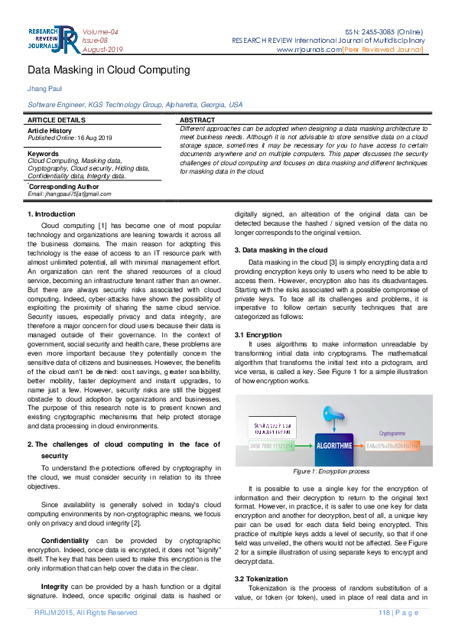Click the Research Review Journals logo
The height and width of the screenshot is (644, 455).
(52, 41)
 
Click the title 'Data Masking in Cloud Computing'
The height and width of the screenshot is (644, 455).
(109, 70)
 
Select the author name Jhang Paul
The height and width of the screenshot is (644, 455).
(43, 89)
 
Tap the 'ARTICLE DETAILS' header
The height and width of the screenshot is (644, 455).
(57, 121)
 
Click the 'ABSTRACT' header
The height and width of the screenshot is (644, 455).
(197, 121)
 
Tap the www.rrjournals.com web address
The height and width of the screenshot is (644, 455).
(310, 50)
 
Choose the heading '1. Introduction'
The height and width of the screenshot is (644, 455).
(51, 214)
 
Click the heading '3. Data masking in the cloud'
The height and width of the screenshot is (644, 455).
(281, 250)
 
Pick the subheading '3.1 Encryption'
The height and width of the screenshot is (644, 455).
(258, 335)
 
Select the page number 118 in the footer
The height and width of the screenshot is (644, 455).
(385, 613)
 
